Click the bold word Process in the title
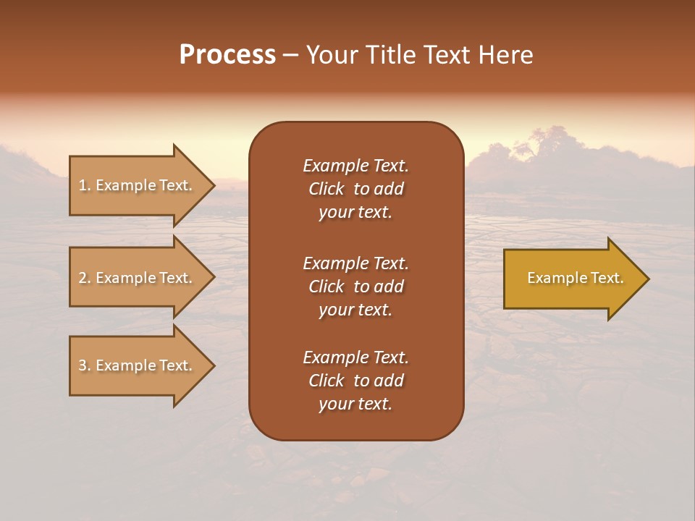[227, 55]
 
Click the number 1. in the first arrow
[84, 185]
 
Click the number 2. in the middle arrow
[84, 278]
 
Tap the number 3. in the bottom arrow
[84, 365]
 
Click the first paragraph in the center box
[355, 189]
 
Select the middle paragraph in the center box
[355, 287]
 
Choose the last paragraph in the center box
[355, 381]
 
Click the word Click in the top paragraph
[326, 189]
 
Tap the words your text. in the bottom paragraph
[355, 404]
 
